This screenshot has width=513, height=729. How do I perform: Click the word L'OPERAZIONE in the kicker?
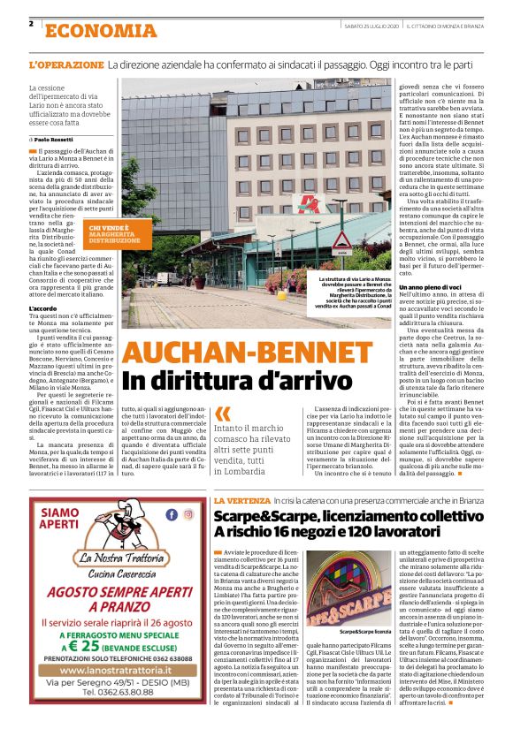pos(65,65)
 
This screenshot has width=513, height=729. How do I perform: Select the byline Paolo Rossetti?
pos(55,140)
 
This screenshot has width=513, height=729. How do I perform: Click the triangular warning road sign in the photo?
pos(342,239)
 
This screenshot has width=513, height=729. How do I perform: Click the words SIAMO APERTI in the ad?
pos(61,518)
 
